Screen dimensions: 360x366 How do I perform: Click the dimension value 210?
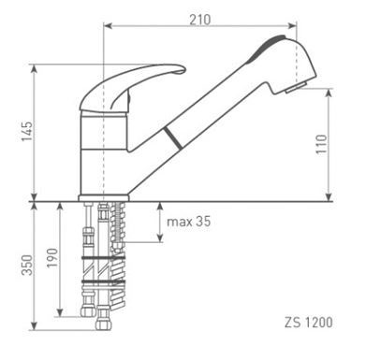tap(198, 19)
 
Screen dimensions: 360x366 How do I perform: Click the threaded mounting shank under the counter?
tap(116, 243)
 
